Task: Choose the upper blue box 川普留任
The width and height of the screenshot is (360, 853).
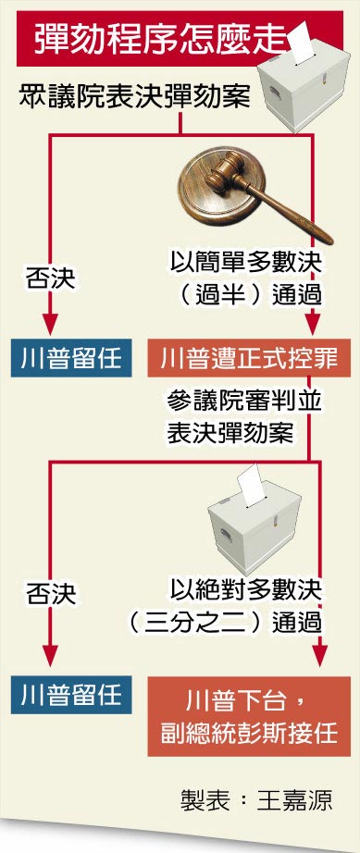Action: point(68,357)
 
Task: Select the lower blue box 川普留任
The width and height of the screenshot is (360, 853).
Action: point(68,692)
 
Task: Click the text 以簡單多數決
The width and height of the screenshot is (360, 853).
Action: point(247,263)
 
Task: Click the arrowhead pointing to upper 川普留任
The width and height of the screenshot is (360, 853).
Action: point(49,325)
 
